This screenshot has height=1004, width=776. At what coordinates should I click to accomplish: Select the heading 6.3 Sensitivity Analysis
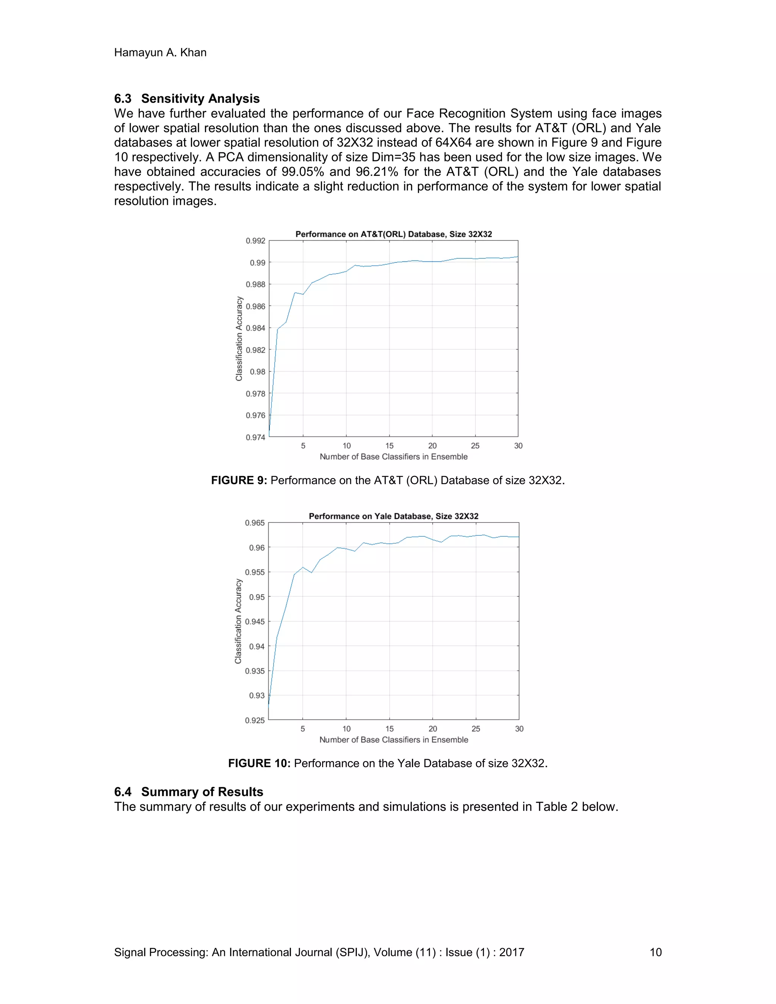coord(187,99)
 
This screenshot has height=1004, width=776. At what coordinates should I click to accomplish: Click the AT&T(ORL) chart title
coord(394,234)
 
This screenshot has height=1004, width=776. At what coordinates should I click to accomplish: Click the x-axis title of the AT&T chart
coord(394,457)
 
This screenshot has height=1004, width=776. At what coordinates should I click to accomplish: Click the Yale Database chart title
coord(394,516)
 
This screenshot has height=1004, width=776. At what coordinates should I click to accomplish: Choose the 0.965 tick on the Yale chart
coord(255,523)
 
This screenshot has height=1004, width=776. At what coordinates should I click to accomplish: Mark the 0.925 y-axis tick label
coord(255,720)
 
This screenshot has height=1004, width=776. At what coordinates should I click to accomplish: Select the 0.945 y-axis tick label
coord(255,621)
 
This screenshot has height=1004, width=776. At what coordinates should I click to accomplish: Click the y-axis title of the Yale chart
coord(238,621)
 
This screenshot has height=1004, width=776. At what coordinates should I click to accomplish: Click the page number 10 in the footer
coord(655,952)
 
